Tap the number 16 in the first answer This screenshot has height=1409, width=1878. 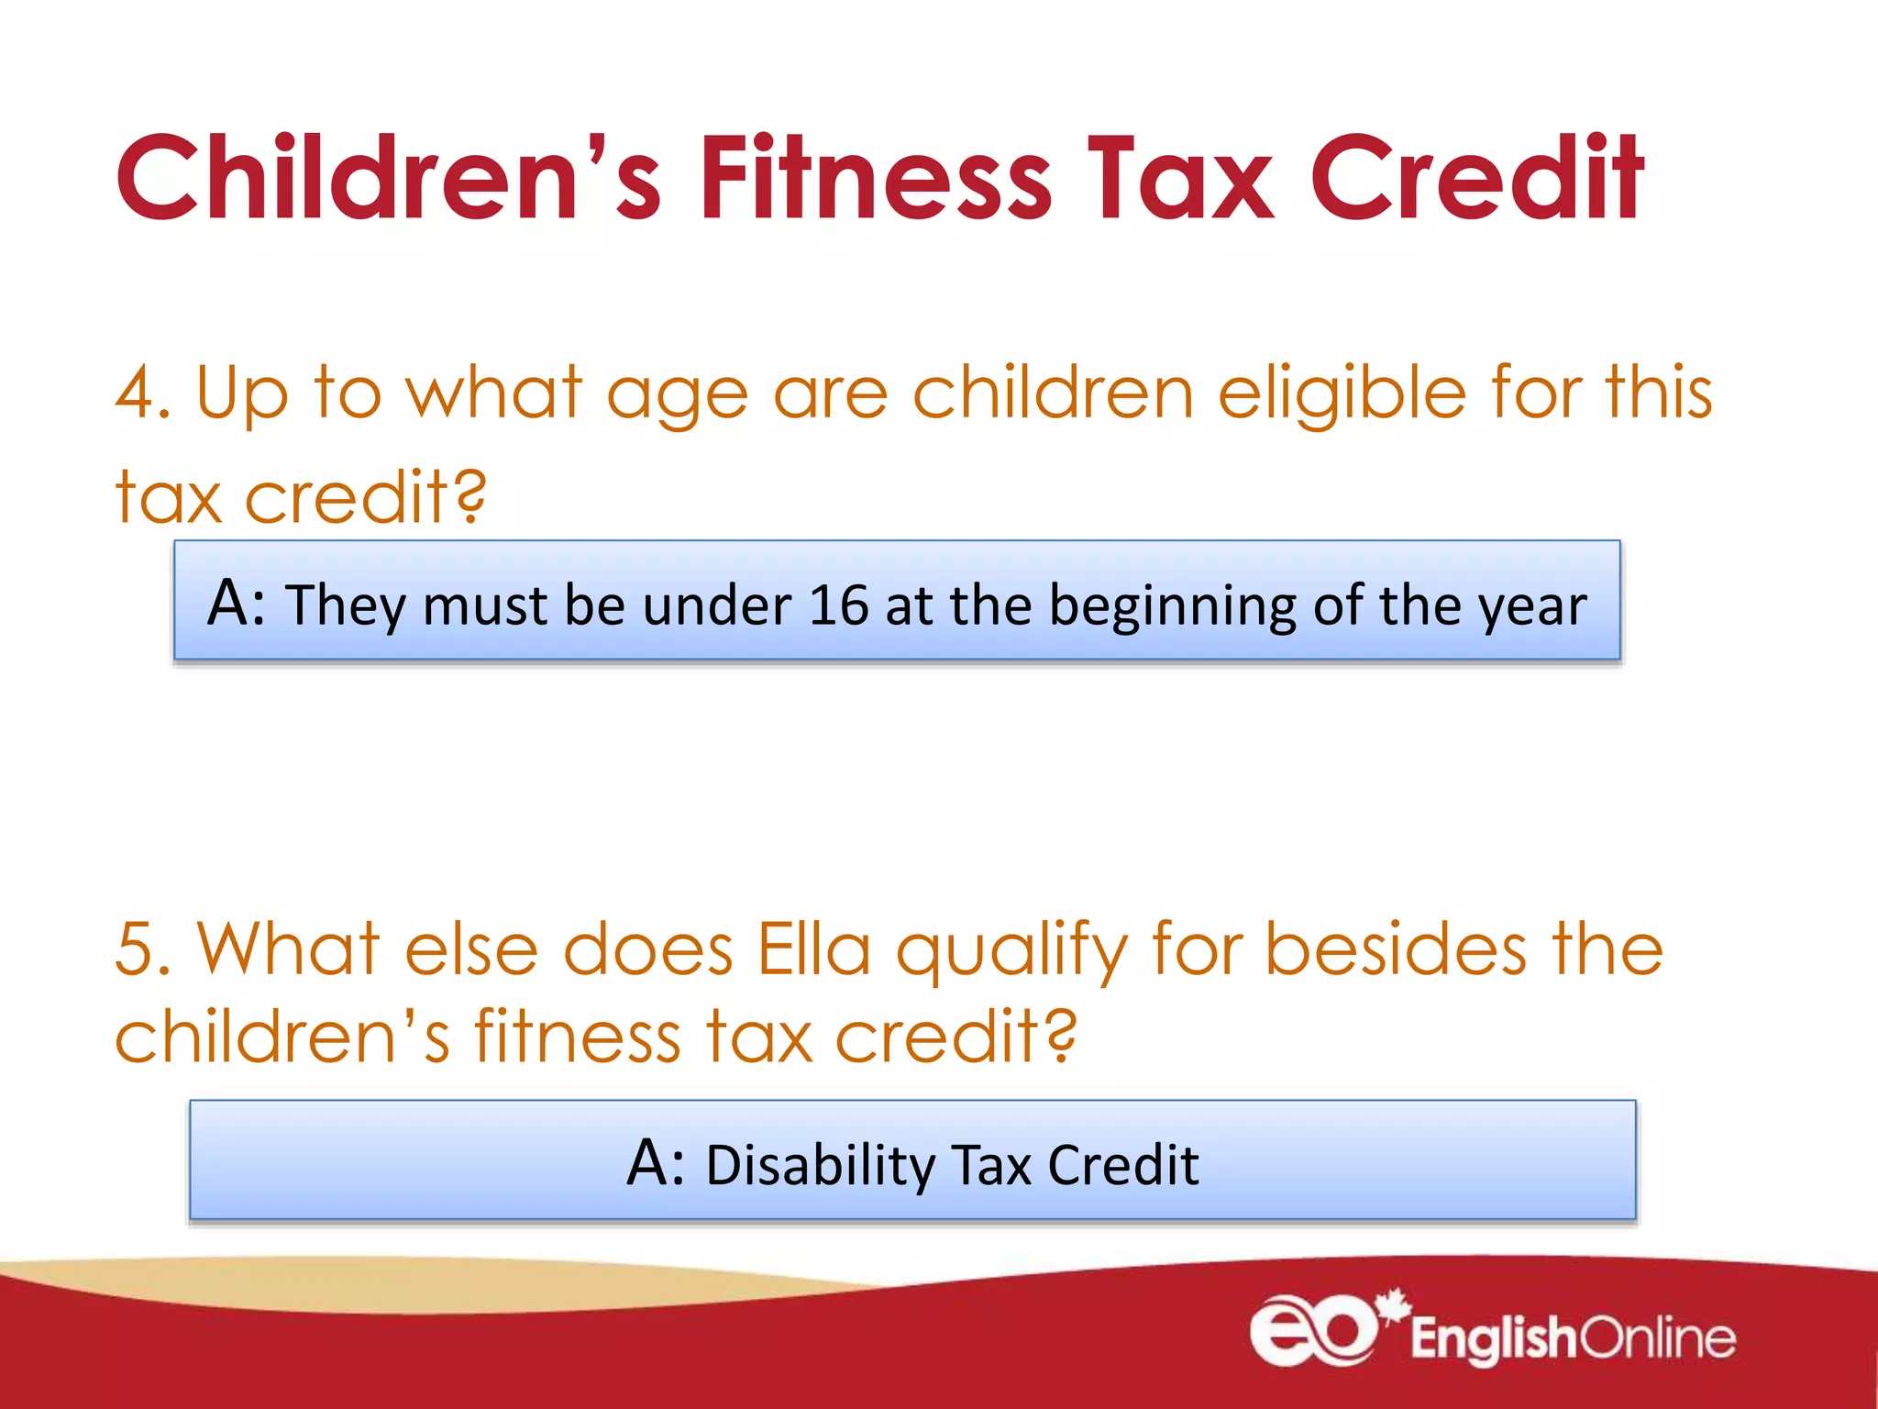tap(838, 605)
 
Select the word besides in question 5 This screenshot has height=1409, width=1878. tap(1396, 949)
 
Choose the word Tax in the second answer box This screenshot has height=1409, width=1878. tap(992, 1166)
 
